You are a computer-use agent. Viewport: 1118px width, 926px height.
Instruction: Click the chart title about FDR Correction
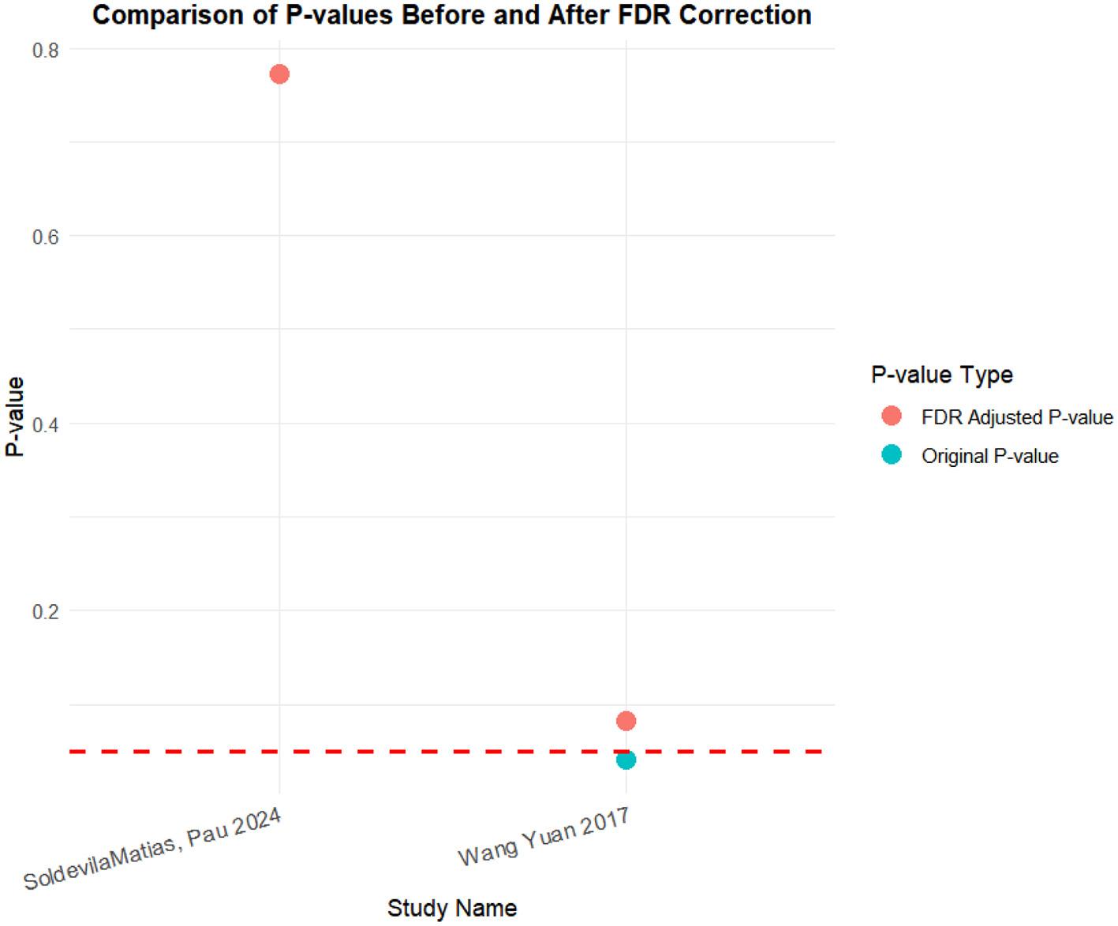(x=451, y=15)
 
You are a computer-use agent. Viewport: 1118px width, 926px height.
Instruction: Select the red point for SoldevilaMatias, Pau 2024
(x=279, y=74)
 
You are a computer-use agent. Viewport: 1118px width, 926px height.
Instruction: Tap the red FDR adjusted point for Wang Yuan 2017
(x=626, y=721)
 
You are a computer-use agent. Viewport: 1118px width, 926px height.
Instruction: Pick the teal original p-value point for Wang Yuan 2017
(x=626, y=760)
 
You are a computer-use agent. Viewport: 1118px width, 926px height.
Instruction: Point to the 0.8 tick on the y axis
(x=46, y=50)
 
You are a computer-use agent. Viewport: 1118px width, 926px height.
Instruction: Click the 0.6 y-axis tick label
(x=46, y=237)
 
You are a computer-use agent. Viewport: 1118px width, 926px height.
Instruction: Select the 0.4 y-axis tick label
(x=46, y=424)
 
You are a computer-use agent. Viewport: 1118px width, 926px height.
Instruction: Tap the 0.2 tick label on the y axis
(x=46, y=611)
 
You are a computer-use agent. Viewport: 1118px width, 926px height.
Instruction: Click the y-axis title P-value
(x=15, y=416)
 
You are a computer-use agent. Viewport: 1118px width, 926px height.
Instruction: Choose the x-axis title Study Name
(x=451, y=908)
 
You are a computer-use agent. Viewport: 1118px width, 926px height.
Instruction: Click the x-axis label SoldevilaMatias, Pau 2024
(x=152, y=850)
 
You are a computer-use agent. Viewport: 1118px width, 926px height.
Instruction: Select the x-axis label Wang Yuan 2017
(x=544, y=838)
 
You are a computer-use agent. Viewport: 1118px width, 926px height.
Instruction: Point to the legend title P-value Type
(x=941, y=375)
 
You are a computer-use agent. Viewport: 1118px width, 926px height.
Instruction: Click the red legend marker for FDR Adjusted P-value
(x=892, y=416)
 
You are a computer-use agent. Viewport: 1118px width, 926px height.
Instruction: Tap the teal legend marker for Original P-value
(x=892, y=455)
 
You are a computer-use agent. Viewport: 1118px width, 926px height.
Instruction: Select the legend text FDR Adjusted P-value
(x=1017, y=417)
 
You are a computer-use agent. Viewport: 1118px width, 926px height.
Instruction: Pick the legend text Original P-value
(x=989, y=456)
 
